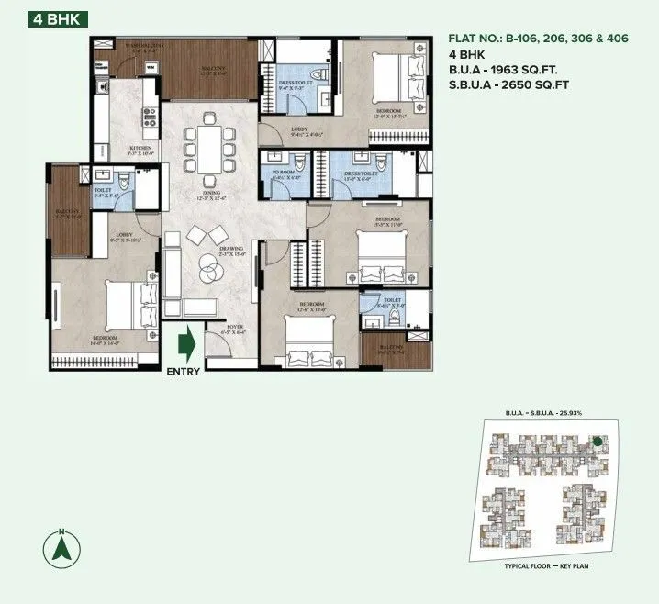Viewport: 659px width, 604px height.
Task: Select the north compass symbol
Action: click(61, 549)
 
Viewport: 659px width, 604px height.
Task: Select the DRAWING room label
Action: click(231, 249)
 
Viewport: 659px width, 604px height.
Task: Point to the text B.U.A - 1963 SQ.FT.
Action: click(502, 70)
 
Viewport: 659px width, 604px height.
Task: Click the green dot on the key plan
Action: click(598, 441)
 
